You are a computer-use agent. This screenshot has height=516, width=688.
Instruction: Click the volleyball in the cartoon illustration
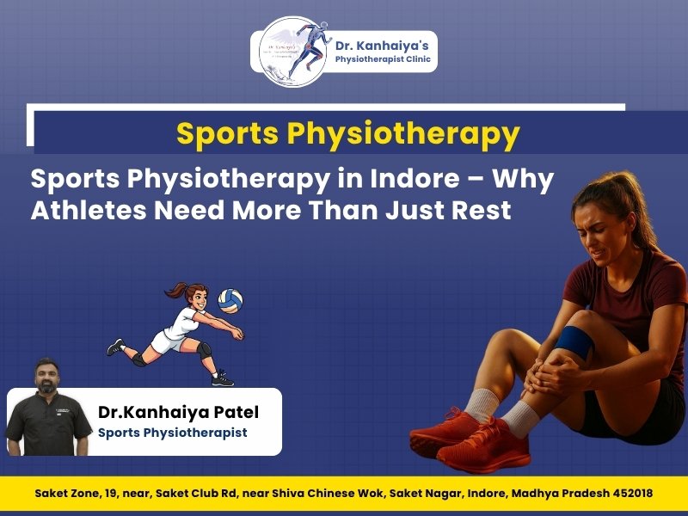[x=230, y=301]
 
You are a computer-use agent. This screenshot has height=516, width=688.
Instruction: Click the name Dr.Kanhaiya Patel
[x=178, y=413]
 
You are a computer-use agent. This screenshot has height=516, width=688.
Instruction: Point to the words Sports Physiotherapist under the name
[x=172, y=433]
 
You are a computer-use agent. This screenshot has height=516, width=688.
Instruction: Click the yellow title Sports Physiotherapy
[x=347, y=134]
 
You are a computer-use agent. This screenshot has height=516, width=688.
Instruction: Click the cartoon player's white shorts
[x=165, y=341]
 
